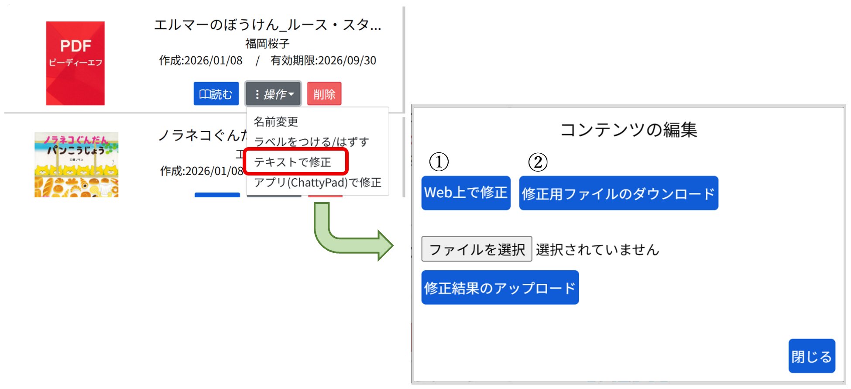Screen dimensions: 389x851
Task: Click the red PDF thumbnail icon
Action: (75, 63)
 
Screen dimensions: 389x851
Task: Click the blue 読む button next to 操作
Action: (216, 94)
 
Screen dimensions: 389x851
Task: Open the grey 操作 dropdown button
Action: (273, 94)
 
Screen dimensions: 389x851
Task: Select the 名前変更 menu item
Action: (276, 121)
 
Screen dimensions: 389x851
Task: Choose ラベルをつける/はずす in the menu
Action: (312, 141)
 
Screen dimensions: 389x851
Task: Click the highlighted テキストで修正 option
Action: (293, 162)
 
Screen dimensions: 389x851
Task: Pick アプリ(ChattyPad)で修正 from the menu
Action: (318, 182)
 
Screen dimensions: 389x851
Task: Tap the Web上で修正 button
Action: (466, 193)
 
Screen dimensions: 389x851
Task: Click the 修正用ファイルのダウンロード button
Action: (618, 193)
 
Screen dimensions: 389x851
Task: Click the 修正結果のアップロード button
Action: (500, 287)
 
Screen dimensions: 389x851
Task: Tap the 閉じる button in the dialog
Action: (811, 356)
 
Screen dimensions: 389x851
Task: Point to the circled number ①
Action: (439, 162)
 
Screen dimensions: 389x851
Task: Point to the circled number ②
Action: (538, 162)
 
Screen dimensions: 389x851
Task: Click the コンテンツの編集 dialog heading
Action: (628, 130)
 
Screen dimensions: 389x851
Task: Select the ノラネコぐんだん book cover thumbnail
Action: (76, 165)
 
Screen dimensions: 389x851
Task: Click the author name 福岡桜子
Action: (267, 44)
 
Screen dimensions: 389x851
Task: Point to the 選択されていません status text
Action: (597, 250)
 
